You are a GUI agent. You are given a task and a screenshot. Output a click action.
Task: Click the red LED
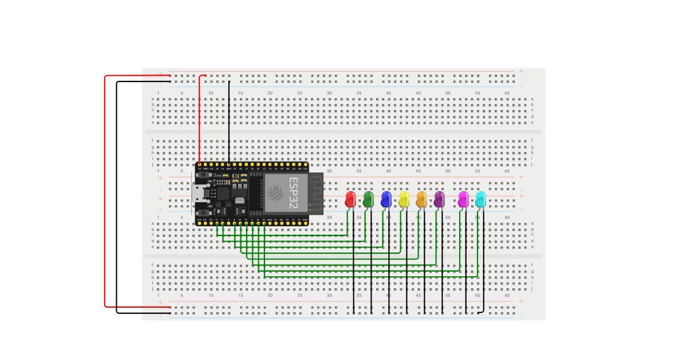(x=350, y=199)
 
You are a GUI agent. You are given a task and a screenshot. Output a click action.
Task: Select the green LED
(x=369, y=199)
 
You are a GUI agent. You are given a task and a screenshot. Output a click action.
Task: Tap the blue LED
(x=386, y=199)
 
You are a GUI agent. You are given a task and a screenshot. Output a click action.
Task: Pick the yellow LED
(x=404, y=199)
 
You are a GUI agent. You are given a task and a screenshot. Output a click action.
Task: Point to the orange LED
(x=422, y=199)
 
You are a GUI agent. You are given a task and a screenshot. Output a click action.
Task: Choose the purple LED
(x=440, y=199)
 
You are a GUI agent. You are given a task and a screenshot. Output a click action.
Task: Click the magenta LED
(x=464, y=199)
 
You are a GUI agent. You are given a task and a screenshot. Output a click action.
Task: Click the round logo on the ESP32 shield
(x=275, y=191)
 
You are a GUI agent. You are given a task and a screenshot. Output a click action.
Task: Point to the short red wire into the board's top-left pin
(x=199, y=120)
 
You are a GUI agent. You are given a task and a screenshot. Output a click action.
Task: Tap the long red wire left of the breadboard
(x=105, y=189)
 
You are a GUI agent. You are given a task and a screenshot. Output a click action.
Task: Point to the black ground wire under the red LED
(x=354, y=269)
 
